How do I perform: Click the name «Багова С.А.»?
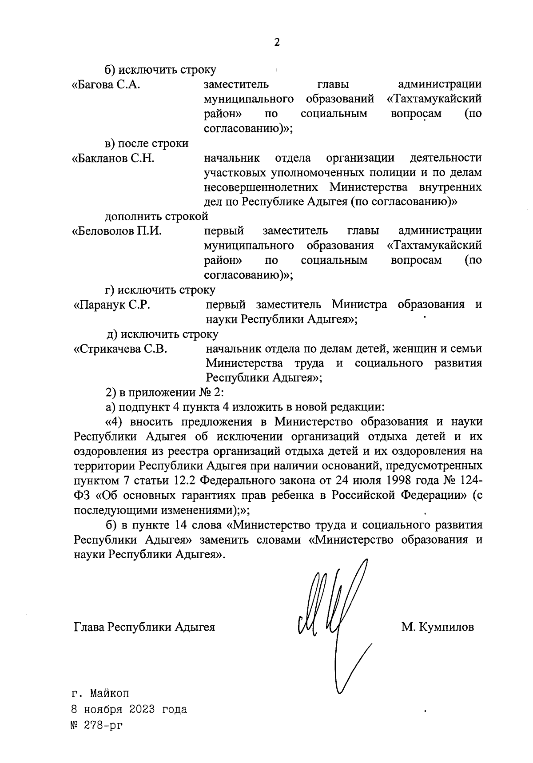(x=106, y=84)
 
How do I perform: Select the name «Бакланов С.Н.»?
(x=113, y=159)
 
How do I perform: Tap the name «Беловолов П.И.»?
(x=117, y=231)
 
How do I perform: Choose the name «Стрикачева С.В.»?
(x=120, y=349)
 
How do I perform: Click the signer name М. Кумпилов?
(x=437, y=627)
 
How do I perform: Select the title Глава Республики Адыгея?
(x=144, y=627)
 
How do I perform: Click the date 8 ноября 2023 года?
(x=129, y=709)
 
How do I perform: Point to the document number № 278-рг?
(x=96, y=726)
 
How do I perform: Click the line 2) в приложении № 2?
(x=165, y=393)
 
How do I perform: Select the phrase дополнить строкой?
(x=156, y=217)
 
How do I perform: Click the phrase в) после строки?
(x=146, y=143)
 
